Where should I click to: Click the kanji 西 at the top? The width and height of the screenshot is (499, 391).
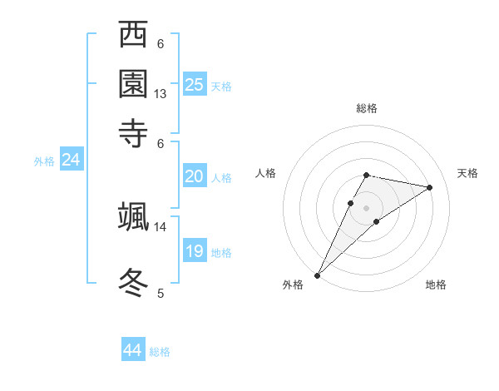point(133,36)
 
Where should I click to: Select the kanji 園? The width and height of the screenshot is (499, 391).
point(133,84)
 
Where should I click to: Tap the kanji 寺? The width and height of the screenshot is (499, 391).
point(133,132)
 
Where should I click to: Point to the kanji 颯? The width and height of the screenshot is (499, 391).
point(133,216)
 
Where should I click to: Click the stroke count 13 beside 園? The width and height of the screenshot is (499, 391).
point(161,94)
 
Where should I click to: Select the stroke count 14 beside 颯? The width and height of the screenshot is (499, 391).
point(161,226)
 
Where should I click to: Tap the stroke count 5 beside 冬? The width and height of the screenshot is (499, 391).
point(161,292)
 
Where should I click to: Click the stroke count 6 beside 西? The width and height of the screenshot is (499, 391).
point(161,44)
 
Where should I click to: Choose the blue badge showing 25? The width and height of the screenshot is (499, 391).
point(195,84)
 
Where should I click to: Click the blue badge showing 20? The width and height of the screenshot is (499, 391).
point(194,176)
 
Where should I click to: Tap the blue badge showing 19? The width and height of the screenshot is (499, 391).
point(194,251)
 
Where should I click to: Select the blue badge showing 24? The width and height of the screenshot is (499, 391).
point(71,160)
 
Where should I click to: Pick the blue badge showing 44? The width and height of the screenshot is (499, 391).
point(132,350)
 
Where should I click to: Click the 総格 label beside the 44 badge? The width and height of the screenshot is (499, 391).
point(160,352)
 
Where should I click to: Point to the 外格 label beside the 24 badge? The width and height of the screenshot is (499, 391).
point(44,161)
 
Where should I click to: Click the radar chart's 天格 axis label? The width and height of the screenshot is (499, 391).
point(467,173)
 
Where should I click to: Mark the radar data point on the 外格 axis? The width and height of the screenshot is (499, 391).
point(318,275)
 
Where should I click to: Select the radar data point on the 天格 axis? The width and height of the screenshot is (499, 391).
point(430,188)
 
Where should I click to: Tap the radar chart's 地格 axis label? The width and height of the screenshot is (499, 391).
point(436,285)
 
